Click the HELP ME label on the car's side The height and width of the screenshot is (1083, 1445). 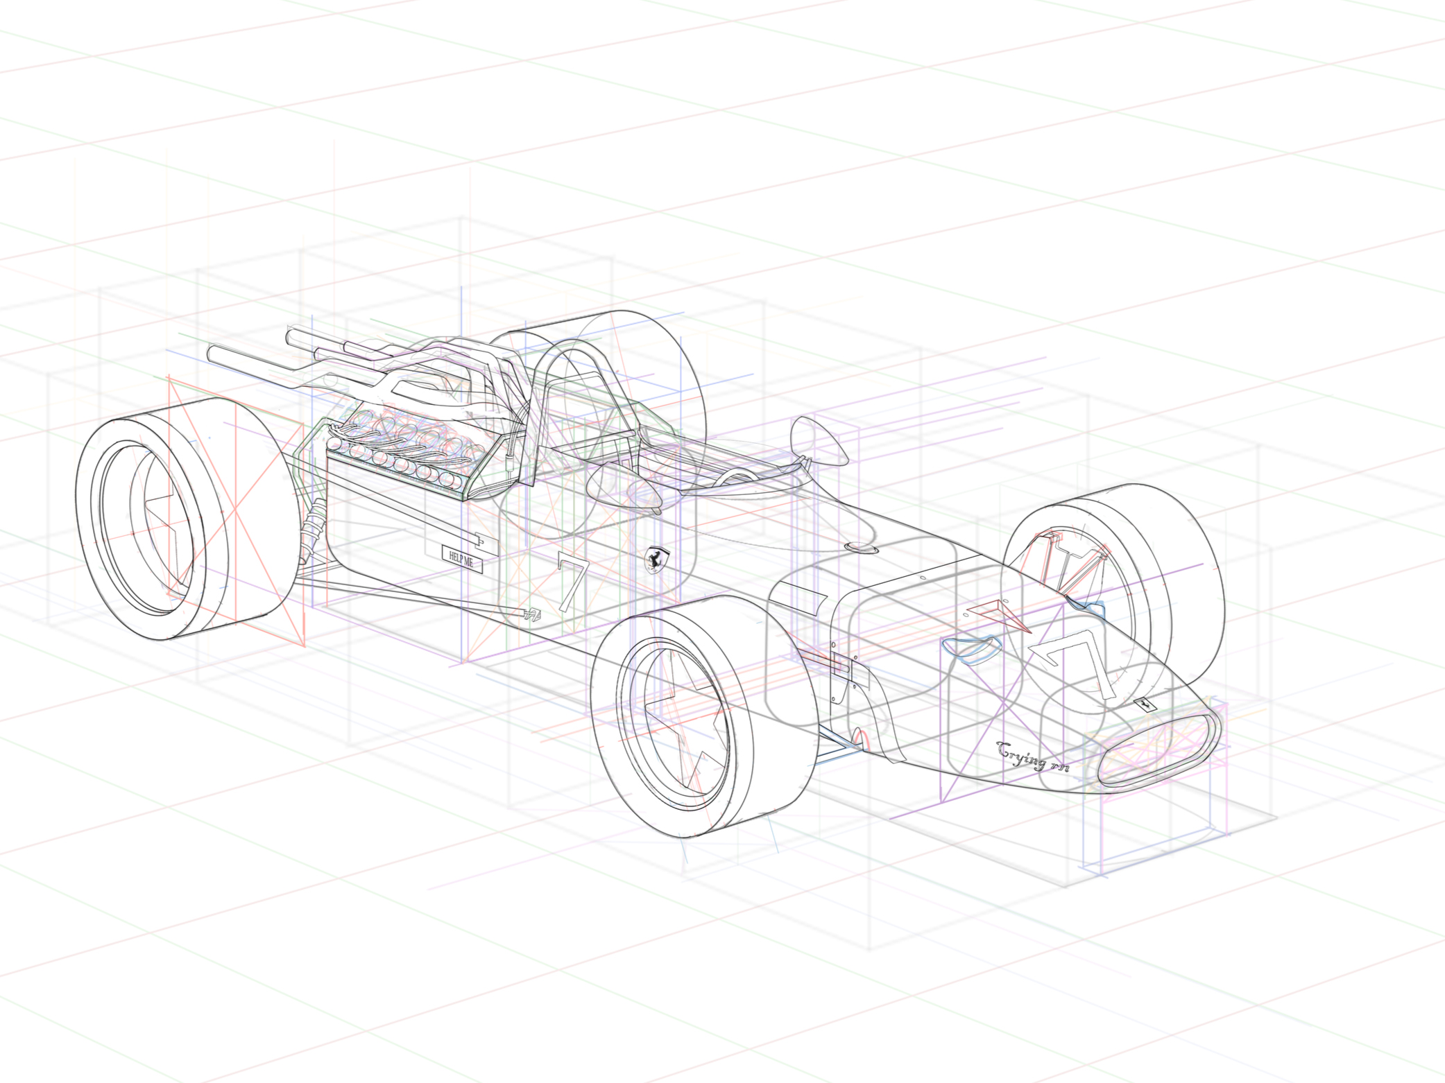point(462,557)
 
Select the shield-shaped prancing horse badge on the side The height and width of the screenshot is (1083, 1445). point(656,559)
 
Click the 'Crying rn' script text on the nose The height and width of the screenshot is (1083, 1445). point(1033,756)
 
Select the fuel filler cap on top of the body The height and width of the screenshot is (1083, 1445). point(861,548)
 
